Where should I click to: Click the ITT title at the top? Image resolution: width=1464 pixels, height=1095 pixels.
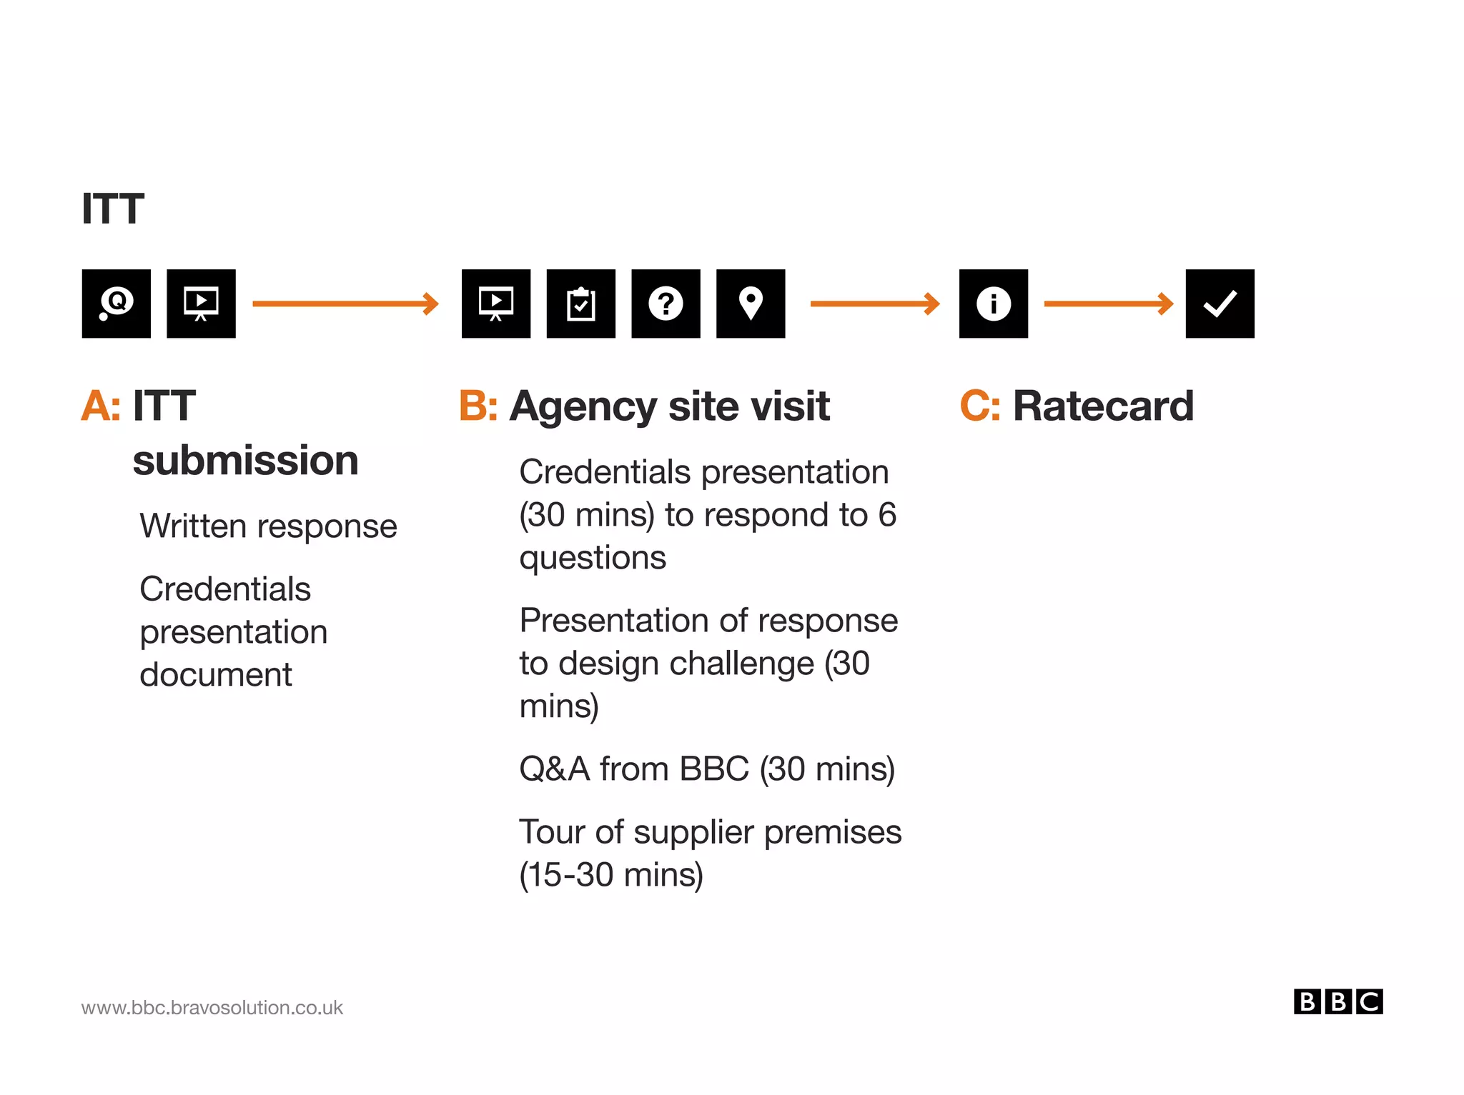point(113,209)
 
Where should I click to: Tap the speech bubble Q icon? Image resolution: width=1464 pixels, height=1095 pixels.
point(116,304)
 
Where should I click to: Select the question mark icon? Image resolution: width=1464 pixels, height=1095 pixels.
point(666,304)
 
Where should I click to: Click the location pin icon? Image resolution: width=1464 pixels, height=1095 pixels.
point(751,304)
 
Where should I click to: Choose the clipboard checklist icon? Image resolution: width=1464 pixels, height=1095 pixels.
point(580,304)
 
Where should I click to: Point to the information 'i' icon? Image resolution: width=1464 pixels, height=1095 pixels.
point(993,304)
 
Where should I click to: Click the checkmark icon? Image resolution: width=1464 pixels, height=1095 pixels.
point(1220,304)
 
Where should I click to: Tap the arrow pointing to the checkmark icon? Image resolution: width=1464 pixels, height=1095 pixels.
point(1108,304)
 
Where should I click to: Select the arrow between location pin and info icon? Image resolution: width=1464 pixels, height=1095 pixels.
point(874,304)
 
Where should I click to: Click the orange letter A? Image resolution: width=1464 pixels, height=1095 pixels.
point(101,406)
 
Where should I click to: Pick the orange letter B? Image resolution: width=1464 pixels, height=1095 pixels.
point(478,406)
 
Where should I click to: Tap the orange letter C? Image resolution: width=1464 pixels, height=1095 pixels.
point(979,406)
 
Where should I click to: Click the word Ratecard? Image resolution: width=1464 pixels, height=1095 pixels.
point(1103,406)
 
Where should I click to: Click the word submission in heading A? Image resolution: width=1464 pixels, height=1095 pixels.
point(245,460)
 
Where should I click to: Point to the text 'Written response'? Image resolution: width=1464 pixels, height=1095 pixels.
point(268,526)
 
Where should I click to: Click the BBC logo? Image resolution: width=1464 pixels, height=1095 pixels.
point(1337,1001)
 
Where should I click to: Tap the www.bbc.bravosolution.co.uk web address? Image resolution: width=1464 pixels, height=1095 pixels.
point(212,1008)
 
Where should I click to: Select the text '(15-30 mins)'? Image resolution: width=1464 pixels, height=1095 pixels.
point(611,875)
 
